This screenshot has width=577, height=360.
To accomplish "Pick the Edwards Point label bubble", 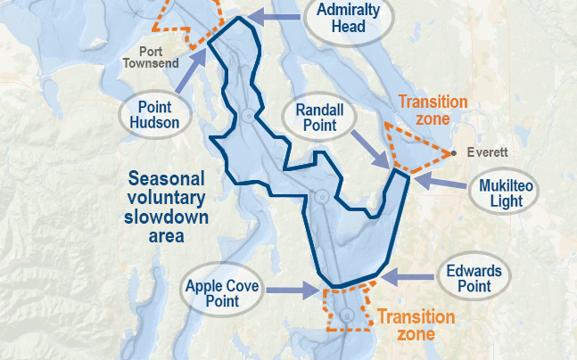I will pyautogui.click(x=474, y=278).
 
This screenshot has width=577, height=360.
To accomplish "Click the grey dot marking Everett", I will pyautogui.click(x=454, y=153).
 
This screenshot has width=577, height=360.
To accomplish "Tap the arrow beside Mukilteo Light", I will pyautogui.click(x=438, y=181).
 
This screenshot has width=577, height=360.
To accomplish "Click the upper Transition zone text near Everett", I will pyautogui.click(x=433, y=110).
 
